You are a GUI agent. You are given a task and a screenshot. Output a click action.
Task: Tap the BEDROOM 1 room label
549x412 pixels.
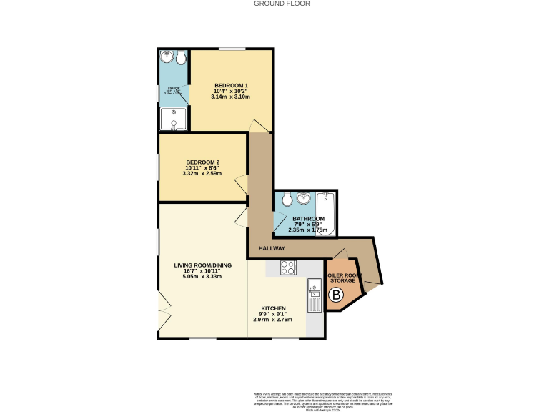[x=231, y=85]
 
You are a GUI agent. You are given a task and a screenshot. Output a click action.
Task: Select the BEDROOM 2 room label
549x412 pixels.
[x=202, y=161]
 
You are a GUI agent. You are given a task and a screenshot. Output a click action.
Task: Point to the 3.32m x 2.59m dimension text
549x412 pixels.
[x=202, y=174]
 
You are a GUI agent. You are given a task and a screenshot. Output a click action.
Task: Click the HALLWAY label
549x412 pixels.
[x=271, y=248]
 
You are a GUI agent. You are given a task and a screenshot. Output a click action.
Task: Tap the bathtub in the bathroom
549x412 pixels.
[x=326, y=212]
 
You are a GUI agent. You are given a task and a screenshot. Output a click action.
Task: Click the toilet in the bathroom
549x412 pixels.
[x=286, y=199]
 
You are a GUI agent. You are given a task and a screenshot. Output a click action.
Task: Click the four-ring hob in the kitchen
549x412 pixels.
[x=289, y=268]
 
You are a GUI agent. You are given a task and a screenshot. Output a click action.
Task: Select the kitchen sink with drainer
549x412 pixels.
[x=315, y=296]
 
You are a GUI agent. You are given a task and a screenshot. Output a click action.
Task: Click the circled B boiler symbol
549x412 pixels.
[x=335, y=294]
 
